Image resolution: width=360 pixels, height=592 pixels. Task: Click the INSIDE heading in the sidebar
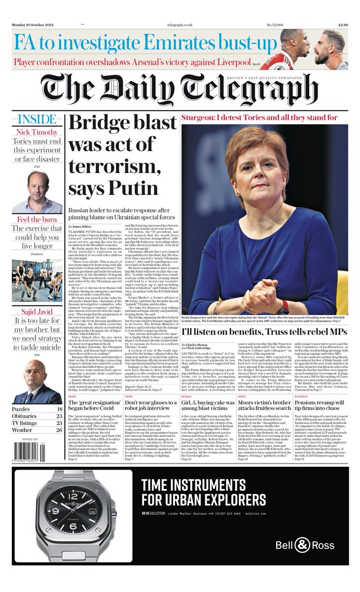[37, 120]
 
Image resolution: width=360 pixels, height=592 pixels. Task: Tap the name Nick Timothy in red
[37, 132]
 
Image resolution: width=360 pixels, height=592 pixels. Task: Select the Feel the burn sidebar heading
[37, 219]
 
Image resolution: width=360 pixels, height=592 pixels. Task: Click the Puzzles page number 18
[59, 409]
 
